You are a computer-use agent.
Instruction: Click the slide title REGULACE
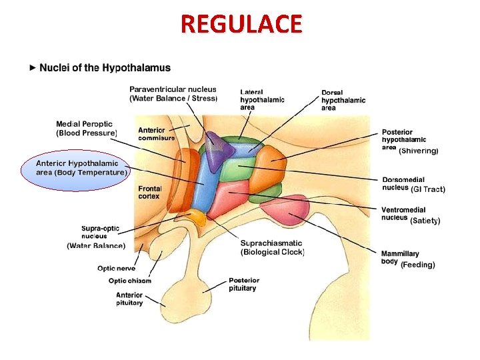(241, 24)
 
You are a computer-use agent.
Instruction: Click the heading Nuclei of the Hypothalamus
(105, 67)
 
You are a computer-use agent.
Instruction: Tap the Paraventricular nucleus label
(173, 93)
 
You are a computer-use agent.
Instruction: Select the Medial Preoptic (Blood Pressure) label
(86, 129)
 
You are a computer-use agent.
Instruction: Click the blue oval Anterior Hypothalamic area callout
(77, 167)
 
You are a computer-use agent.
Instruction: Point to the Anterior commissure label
(156, 134)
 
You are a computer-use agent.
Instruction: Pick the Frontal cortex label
(149, 192)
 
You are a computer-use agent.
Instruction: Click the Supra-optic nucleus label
(100, 233)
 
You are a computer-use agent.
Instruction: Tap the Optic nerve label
(117, 268)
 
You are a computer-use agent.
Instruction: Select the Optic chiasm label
(130, 281)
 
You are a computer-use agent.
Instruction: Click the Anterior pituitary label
(129, 299)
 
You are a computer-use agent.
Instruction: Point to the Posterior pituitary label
(243, 284)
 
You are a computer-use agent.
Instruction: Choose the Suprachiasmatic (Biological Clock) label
(272, 247)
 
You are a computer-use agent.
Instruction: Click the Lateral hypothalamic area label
(262, 99)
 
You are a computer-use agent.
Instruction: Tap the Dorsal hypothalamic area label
(343, 100)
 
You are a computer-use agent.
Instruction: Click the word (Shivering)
(419, 151)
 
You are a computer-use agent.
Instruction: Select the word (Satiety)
(425, 221)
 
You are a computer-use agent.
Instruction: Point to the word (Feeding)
(417, 265)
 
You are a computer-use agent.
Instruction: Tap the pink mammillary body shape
(283, 213)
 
